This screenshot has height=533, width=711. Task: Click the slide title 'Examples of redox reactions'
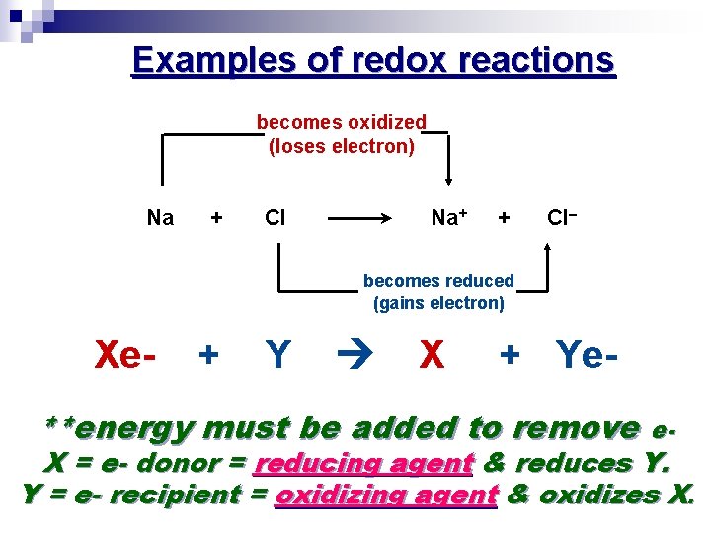(x=373, y=61)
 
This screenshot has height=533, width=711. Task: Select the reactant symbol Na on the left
(x=160, y=217)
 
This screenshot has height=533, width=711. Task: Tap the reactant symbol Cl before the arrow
(x=276, y=217)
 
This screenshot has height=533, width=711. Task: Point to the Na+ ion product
(x=449, y=217)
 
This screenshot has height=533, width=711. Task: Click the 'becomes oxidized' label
(x=341, y=123)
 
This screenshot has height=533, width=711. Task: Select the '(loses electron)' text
(x=341, y=147)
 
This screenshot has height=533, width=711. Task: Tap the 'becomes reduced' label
(x=438, y=281)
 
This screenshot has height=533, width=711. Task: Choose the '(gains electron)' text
(x=438, y=304)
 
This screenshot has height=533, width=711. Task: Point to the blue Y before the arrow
(x=278, y=353)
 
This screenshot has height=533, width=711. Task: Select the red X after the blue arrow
(x=431, y=353)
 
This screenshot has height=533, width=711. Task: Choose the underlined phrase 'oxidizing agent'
(x=386, y=495)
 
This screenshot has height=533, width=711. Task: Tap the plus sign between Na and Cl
(x=216, y=217)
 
